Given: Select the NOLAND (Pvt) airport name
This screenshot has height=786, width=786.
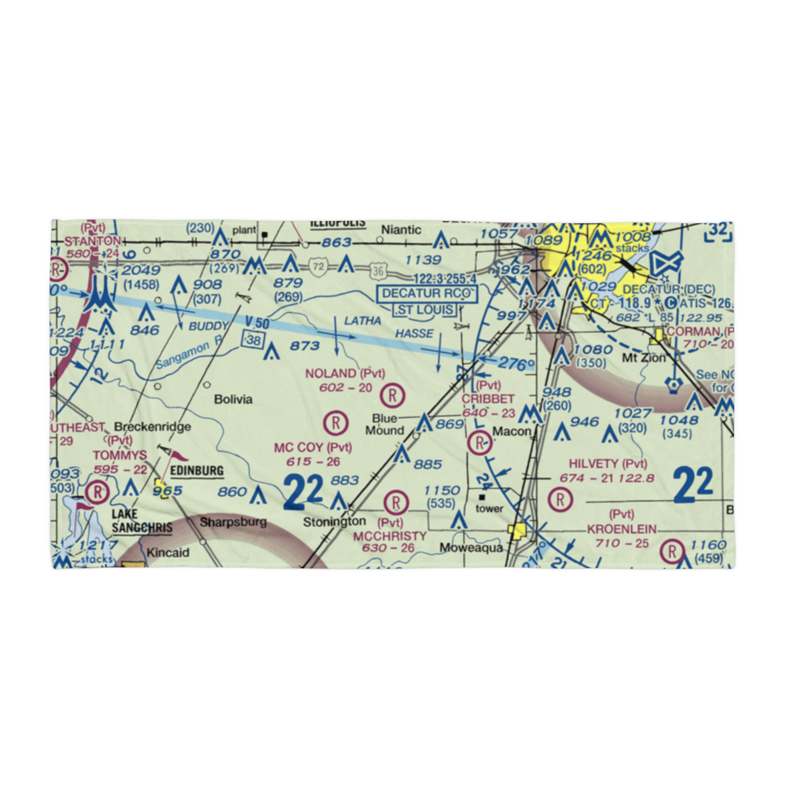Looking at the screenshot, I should click(344, 373).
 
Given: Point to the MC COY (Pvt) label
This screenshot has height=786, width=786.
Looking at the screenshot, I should click(312, 447).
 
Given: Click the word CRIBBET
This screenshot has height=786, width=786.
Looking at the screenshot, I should click(488, 399).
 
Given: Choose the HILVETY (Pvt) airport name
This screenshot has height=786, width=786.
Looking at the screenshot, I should click(603, 464).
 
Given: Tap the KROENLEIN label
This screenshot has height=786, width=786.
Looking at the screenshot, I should click(621, 530).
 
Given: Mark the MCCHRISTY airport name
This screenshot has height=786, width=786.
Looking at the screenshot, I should click(390, 535).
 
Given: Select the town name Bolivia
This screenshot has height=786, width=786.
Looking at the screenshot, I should click(233, 399).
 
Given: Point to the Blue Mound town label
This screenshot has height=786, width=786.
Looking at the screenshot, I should click(385, 424).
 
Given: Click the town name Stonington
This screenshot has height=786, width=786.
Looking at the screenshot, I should click(335, 521).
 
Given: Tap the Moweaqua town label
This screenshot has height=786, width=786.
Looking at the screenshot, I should click(471, 548).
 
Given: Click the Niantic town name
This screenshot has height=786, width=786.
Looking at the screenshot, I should click(402, 230).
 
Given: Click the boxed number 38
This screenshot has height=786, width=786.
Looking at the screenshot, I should click(252, 340).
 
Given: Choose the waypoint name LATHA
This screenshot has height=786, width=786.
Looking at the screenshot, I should click(363, 321).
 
